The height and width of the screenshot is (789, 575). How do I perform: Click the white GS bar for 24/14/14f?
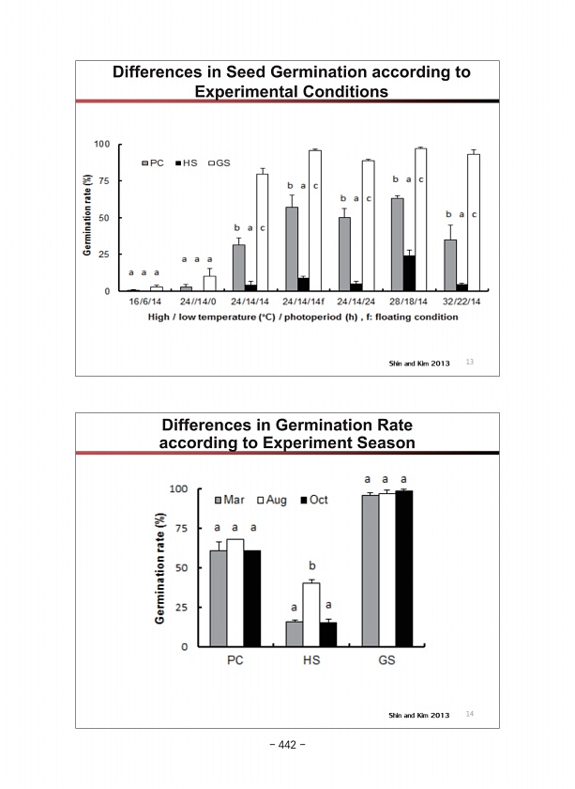point(315,221)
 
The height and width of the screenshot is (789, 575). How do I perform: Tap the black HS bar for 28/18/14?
point(409,273)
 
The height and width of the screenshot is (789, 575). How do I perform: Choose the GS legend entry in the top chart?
point(219,162)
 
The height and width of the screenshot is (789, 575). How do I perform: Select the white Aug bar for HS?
point(310,614)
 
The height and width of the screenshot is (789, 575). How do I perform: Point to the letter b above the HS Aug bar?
point(311,566)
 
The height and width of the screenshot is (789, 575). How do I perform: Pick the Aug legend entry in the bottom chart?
point(271,500)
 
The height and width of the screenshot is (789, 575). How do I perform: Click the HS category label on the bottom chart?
point(310,660)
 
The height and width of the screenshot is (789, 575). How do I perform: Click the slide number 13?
point(470,362)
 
